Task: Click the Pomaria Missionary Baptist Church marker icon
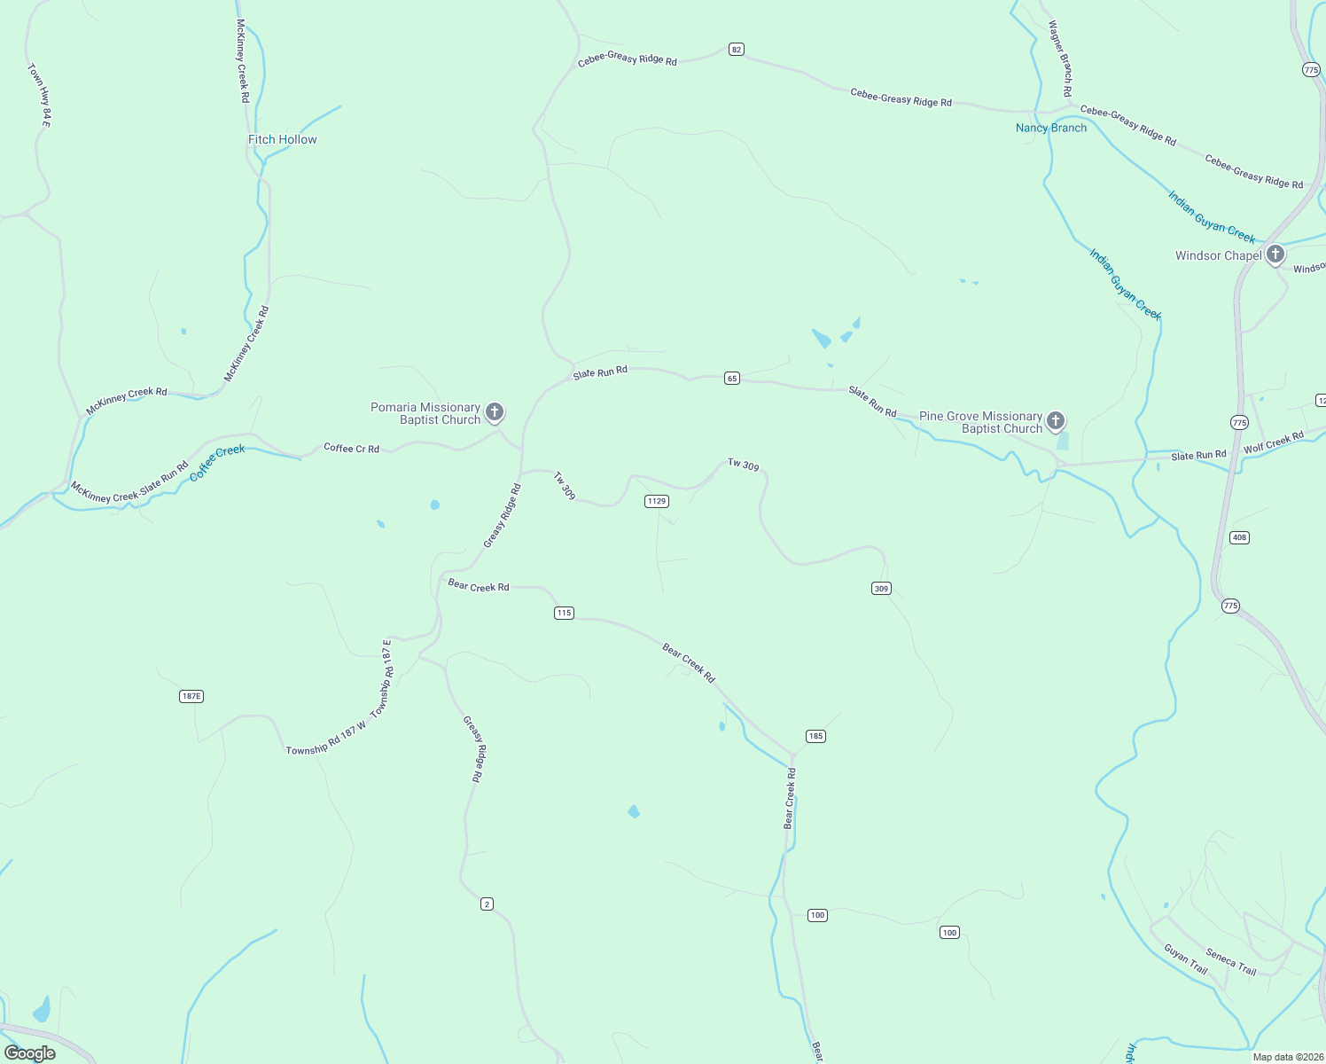(x=495, y=412)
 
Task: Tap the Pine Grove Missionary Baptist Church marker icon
(x=1056, y=420)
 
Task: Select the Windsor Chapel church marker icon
(x=1275, y=255)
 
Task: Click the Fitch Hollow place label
(x=282, y=139)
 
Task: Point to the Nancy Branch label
(x=1050, y=128)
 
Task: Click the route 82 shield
(x=737, y=50)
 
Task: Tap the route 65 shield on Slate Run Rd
(x=731, y=379)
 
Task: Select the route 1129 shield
(x=656, y=502)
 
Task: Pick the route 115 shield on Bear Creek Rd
(x=564, y=613)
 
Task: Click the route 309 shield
(x=881, y=589)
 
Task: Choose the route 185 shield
(x=815, y=736)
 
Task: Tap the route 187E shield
(x=191, y=696)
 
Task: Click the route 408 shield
(x=1239, y=537)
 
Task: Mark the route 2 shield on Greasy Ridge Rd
(x=487, y=904)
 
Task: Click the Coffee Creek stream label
(x=217, y=463)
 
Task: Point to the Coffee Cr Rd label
(x=351, y=449)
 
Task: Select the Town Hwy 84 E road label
(x=39, y=94)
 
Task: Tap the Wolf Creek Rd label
(x=1273, y=442)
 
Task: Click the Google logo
(x=30, y=1053)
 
